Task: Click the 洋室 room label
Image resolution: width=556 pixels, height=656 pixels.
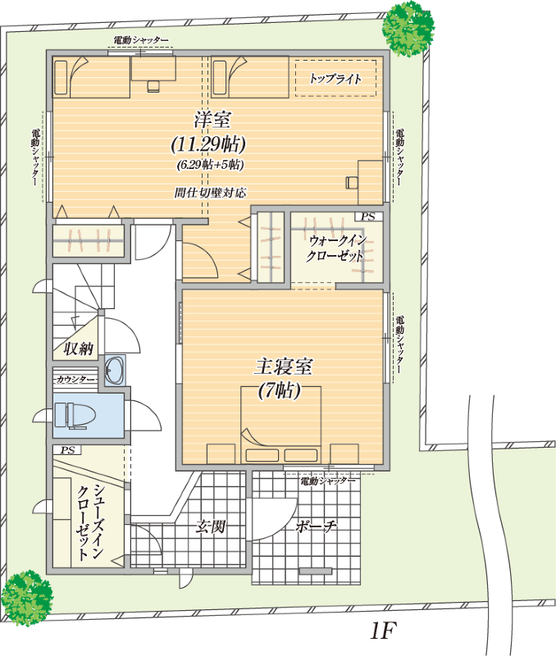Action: (x=212, y=120)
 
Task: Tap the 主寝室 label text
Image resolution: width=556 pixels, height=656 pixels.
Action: (x=284, y=367)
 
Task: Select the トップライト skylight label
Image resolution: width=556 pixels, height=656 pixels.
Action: (x=335, y=78)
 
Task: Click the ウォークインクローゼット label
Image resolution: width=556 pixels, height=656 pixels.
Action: (x=336, y=248)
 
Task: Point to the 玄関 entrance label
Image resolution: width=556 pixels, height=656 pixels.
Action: (x=212, y=526)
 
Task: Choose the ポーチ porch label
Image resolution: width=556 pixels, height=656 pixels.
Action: (x=316, y=526)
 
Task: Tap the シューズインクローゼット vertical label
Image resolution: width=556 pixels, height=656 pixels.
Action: (x=89, y=522)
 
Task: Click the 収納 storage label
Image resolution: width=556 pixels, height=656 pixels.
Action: (x=78, y=348)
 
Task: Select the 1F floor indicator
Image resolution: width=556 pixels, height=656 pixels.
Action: (x=383, y=631)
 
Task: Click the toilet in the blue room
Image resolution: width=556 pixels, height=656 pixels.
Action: (x=75, y=416)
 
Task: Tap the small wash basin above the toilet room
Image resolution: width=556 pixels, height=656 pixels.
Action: (x=115, y=370)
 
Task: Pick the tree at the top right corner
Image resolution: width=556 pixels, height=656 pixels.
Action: (x=408, y=29)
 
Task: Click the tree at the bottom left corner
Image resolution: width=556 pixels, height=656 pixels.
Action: (x=27, y=598)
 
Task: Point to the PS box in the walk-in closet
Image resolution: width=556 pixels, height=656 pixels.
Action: (x=368, y=216)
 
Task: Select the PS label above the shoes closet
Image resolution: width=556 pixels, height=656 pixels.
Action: (x=67, y=450)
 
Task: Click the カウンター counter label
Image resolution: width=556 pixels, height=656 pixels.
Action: (x=75, y=379)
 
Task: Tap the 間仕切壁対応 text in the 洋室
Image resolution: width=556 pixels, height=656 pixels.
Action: (x=210, y=193)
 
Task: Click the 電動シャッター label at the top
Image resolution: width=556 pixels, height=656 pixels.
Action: (x=141, y=40)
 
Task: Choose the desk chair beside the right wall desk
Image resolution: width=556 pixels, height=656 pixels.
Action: (x=352, y=182)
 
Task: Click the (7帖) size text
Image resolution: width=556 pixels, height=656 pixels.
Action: (x=280, y=391)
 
